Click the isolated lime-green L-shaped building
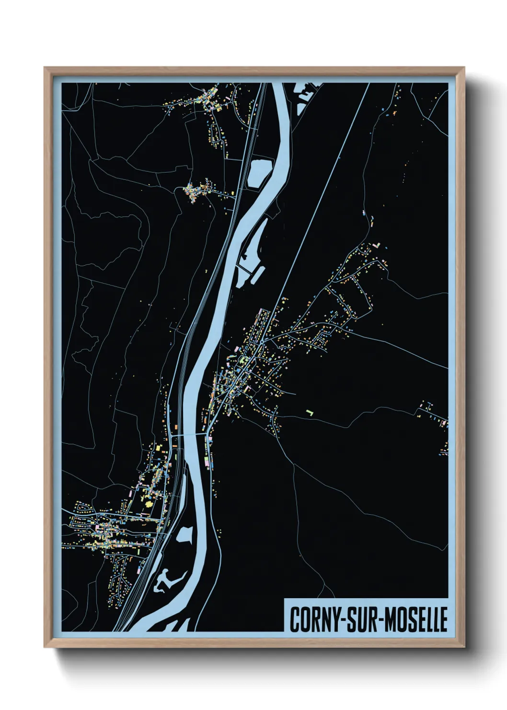pyautogui.click(x=310, y=412)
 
